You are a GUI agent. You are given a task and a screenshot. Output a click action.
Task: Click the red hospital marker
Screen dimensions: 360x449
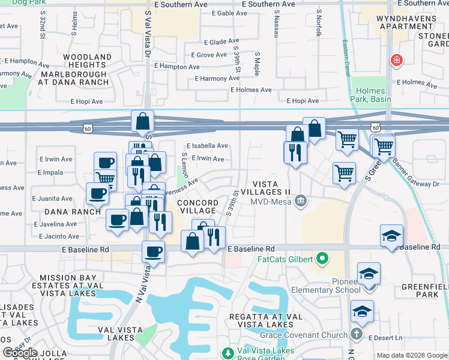pyautogui.click(x=396, y=60)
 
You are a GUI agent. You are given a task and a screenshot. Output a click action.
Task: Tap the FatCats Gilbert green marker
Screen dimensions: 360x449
pyautogui.click(x=322, y=259)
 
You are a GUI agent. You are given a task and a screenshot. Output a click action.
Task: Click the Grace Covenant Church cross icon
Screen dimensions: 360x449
pyautogui.click(x=357, y=333)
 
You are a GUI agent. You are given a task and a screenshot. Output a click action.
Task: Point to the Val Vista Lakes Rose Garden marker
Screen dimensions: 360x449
pyautogui.click(x=228, y=353)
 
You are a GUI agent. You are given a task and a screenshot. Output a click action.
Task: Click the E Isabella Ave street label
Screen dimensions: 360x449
pyautogui.click(x=207, y=146)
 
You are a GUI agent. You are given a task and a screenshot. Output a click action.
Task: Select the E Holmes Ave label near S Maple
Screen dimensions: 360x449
pyautogui.click(x=250, y=90)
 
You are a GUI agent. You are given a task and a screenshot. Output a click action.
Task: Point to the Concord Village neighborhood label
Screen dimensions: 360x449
pyautogui.click(x=197, y=207)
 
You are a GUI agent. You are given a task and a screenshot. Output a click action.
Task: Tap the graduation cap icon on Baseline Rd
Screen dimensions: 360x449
pyautogui.click(x=391, y=235)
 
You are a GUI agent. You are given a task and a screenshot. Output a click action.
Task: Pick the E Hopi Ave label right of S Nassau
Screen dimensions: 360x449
pyautogui.click(x=303, y=101)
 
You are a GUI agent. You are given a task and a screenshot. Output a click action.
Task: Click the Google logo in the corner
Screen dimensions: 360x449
pyautogui.click(x=21, y=353)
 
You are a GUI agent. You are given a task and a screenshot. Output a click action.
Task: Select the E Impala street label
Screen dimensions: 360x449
pyautogui.click(x=50, y=172)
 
